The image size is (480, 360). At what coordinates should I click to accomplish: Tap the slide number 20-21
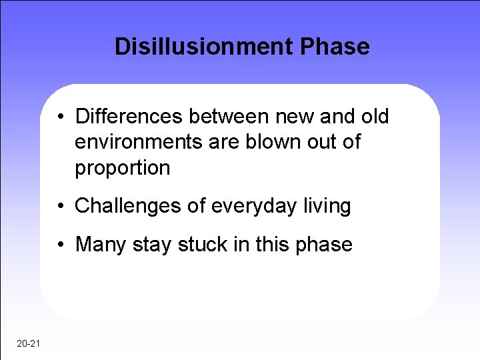[x=29, y=343]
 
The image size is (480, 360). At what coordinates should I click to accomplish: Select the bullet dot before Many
[x=61, y=245]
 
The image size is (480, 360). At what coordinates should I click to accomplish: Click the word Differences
[x=130, y=117]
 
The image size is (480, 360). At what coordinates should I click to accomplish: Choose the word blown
[x=270, y=142]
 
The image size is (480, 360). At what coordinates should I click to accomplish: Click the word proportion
[x=123, y=168]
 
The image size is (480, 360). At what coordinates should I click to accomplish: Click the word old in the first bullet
[x=375, y=117]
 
